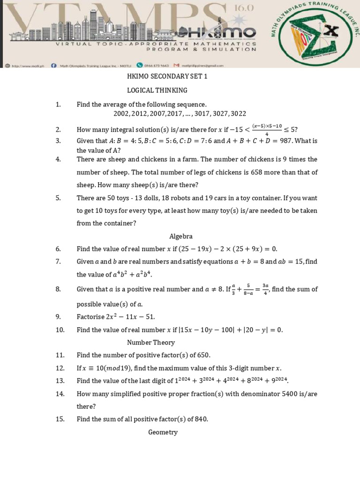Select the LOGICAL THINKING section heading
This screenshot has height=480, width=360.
(157, 90)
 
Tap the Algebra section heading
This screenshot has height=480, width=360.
(181, 236)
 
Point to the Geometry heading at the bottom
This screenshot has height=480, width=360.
(163, 432)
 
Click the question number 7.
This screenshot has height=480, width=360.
(58, 262)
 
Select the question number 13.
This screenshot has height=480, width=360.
(60, 381)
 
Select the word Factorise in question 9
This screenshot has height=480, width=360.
(91, 317)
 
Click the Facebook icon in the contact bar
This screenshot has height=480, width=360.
(53, 66)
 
